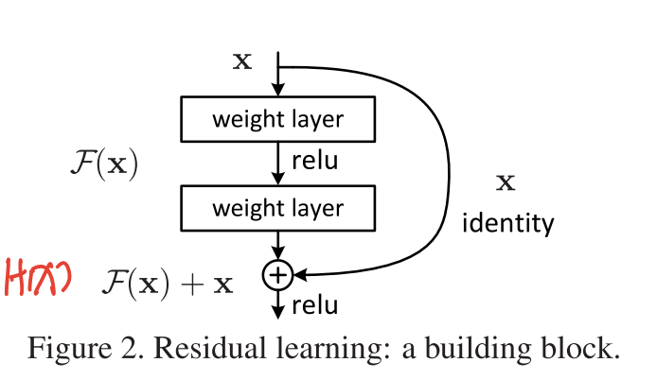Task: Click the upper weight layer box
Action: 277,120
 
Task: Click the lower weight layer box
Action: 277,207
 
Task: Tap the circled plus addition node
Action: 277,275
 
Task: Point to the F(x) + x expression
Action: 168,281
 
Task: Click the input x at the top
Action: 242,62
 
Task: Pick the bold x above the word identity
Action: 506,182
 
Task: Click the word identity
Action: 506,224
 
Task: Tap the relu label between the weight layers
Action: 314,162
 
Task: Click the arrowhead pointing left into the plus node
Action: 298,275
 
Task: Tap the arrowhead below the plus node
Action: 277,311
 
